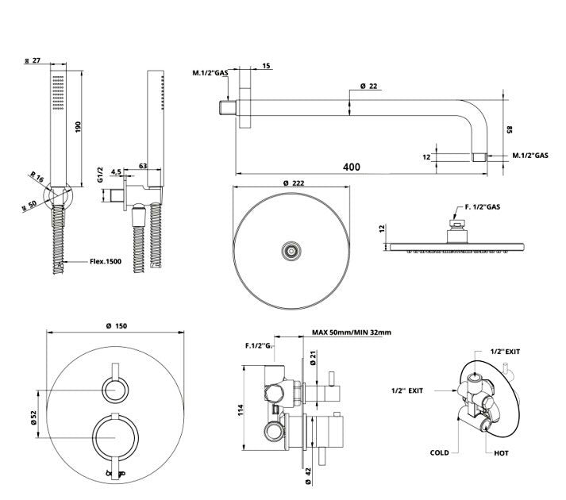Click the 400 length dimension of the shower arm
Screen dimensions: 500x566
tap(352, 167)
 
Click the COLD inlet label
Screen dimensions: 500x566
tap(439, 453)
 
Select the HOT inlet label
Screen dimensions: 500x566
tap(501, 453)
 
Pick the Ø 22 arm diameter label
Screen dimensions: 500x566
tap(368, 86)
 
